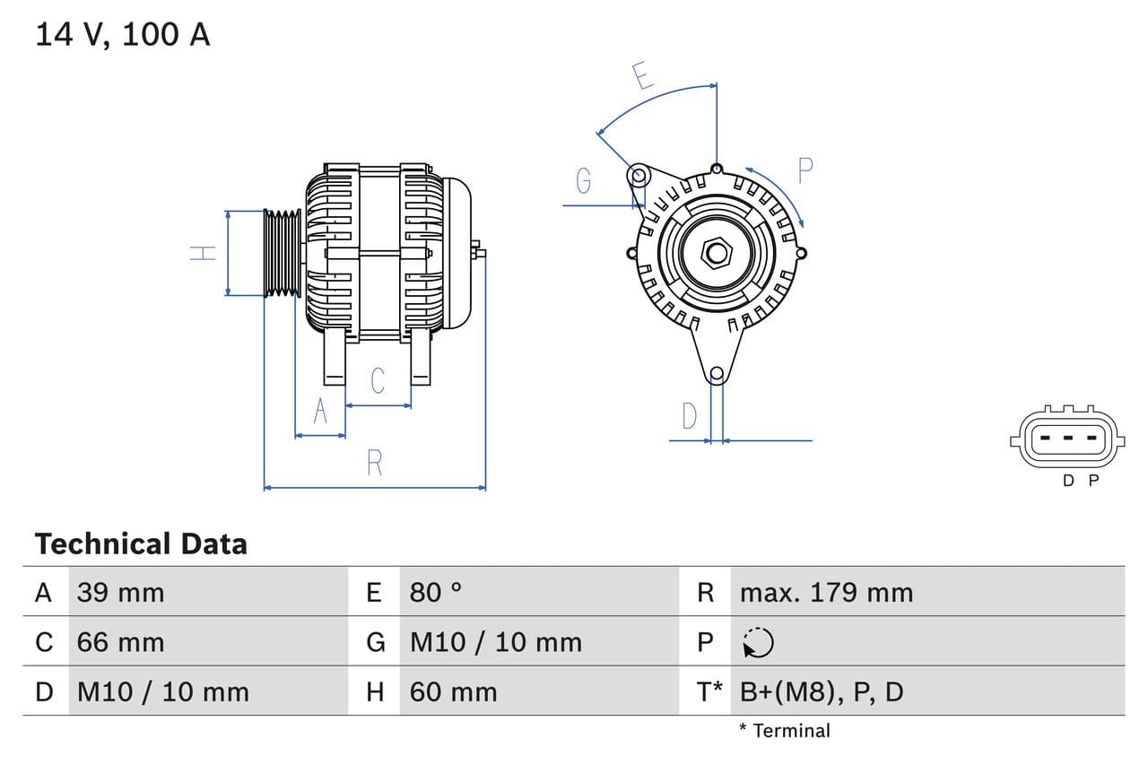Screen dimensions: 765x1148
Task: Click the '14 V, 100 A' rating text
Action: [x=123, y=35]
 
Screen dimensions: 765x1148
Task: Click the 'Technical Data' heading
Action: [x=141, y=544]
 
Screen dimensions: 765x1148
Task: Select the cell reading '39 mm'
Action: [x=120, y=593]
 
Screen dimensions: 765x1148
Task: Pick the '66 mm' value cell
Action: [x=120, y=642]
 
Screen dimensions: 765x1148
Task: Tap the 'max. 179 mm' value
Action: [x=826, y=593]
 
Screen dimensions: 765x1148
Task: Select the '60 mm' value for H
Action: [x=453, y=691]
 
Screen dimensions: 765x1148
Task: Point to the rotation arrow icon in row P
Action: [x=758, y=642]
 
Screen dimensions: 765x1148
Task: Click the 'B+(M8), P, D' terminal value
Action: [x=822, y=691]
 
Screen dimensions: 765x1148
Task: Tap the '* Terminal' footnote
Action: [x=785, y=731]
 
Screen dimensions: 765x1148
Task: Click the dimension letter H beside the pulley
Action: [x=204, y=253]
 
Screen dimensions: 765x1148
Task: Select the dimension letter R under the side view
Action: [x=375, y=463]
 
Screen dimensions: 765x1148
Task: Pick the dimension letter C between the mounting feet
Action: [x=378, y=380]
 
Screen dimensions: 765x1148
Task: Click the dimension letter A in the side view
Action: [x=320, y=411]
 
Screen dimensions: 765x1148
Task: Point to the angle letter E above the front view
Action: [x=642, y=76]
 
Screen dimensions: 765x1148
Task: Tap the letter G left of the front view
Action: [x=584, y=181]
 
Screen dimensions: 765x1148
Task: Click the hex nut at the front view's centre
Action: [x=716, y=252]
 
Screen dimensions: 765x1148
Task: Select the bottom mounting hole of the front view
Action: [x=716, y=374]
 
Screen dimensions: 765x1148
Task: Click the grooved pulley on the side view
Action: [x=283, y=253]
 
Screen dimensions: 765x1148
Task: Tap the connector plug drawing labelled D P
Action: [x=1065, y=439]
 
